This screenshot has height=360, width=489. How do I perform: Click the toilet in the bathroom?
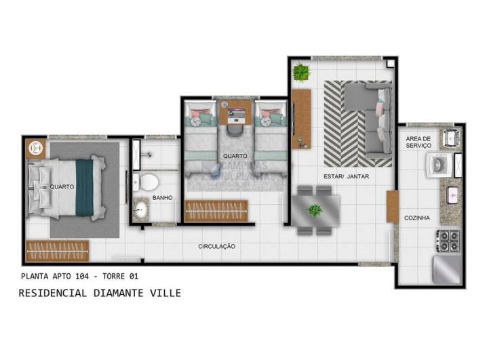(x=147, y=182)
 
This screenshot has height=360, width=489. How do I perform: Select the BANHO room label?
(x=163, y=198)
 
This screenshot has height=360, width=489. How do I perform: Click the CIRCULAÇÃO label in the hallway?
(x=216, y=246)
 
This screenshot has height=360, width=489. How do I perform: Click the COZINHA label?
(x=417, y=218)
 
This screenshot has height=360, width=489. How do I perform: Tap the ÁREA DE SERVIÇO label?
(x=418, y=142)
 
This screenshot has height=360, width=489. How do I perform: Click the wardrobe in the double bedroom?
(x=58, y=252)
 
